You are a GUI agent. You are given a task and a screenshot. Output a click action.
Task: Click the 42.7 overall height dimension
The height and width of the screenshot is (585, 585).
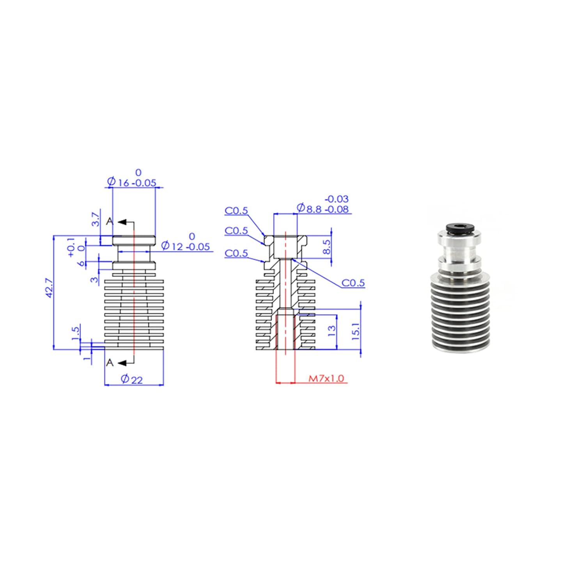click(x=49, y=288)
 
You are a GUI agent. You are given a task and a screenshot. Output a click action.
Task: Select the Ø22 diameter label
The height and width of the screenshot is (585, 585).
click(x=131, y=379)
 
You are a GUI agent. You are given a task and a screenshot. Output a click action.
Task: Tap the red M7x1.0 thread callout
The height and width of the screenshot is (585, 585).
click(x=326, y=378)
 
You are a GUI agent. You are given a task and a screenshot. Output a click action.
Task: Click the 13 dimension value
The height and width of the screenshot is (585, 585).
click(x=331, y=331)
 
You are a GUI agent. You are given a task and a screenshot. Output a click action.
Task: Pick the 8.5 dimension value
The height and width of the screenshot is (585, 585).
click(x=327, y=246)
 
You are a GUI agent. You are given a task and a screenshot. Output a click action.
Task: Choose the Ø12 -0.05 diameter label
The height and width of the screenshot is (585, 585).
click(x=185, y=246)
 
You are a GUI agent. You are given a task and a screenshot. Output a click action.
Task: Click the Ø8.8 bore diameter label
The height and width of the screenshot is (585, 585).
click(x=322, y=209)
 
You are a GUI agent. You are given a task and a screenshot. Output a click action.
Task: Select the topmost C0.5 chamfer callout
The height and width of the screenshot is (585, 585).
click(x=236, y=211)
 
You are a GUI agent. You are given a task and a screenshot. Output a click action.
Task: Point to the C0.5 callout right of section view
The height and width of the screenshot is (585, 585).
click(x=353, y=283)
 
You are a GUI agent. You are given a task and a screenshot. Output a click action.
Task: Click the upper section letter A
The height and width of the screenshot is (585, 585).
click(x=110, y=221)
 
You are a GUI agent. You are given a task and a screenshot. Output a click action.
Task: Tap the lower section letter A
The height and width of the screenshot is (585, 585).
click(x=110, y=363)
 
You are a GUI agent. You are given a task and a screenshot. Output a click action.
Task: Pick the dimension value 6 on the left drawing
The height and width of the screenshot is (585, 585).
click(x=81, y=263)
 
